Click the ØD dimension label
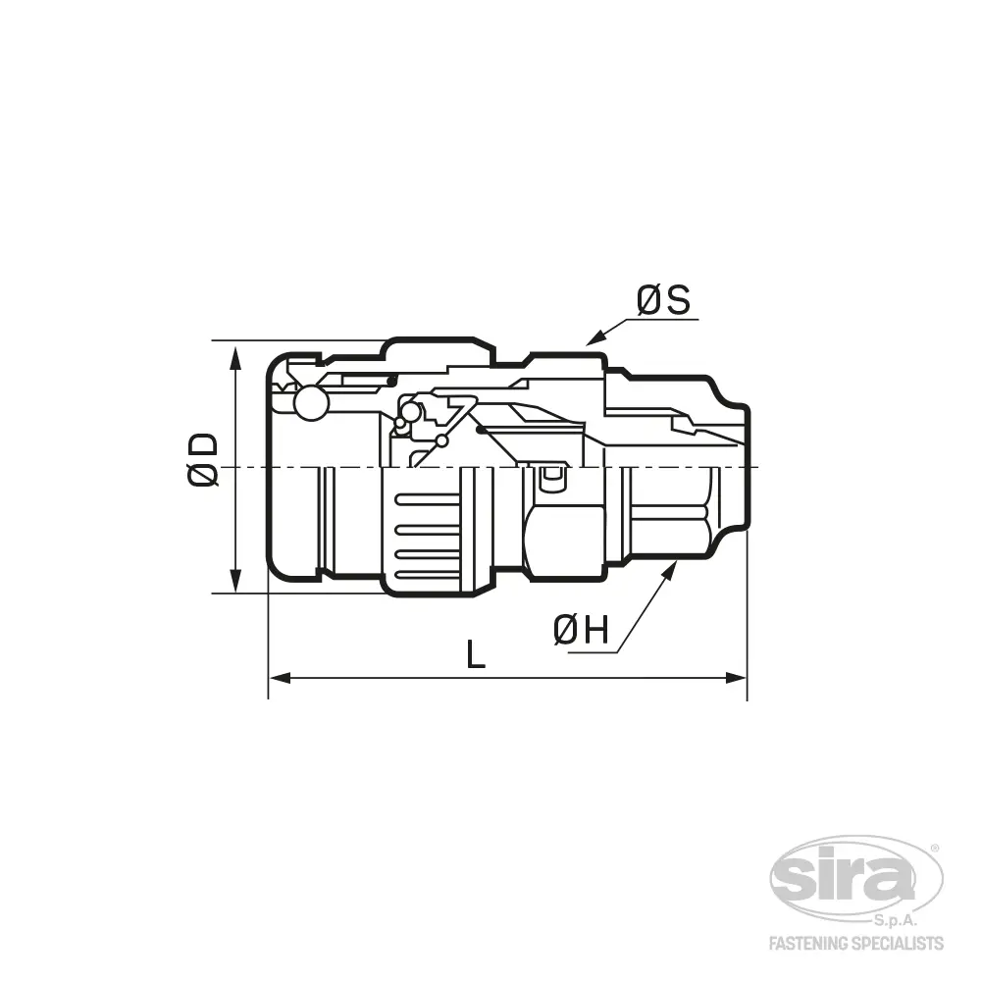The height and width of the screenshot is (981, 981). coord(203,459)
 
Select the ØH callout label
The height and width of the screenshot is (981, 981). coord(581,630)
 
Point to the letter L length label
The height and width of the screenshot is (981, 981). coord(476,653)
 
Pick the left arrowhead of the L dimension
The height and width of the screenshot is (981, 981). coord(280,678)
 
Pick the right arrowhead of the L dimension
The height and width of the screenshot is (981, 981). coord(736,678)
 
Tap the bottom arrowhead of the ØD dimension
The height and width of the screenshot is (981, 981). coord(235,580)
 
